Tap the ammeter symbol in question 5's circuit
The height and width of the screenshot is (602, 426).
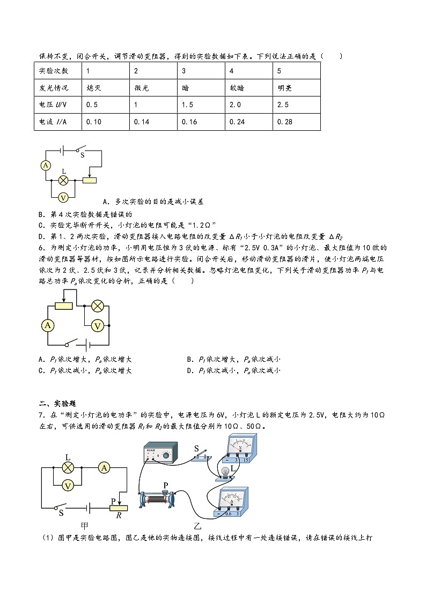click(x=47, y=166)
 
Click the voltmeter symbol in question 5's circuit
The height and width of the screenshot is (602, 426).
click(x=63, y=197)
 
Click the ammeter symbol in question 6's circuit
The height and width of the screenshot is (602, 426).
click(x=48, y=325)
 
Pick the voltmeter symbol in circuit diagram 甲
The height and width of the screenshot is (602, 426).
click(x=68, y=485)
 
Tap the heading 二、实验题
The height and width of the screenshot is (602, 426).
click(x=54, y=404)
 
